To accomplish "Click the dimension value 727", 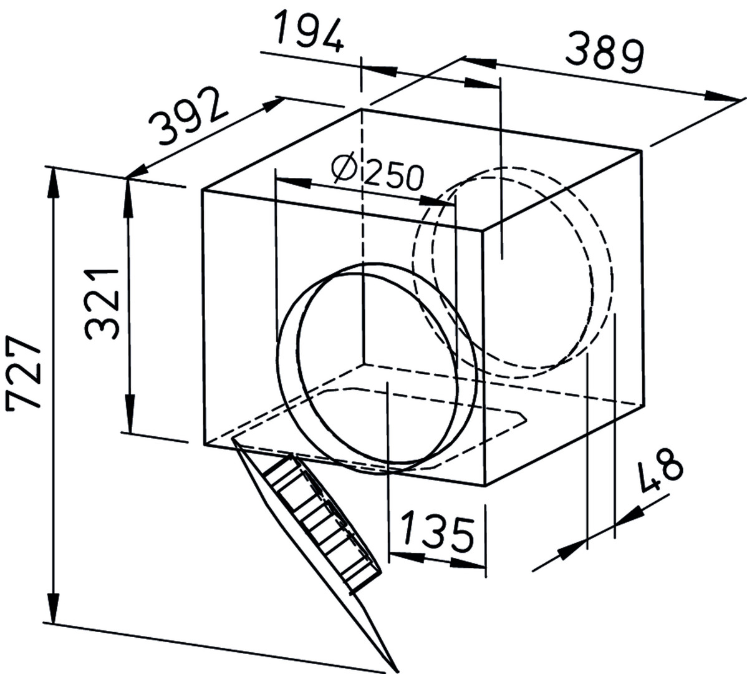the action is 24,373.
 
